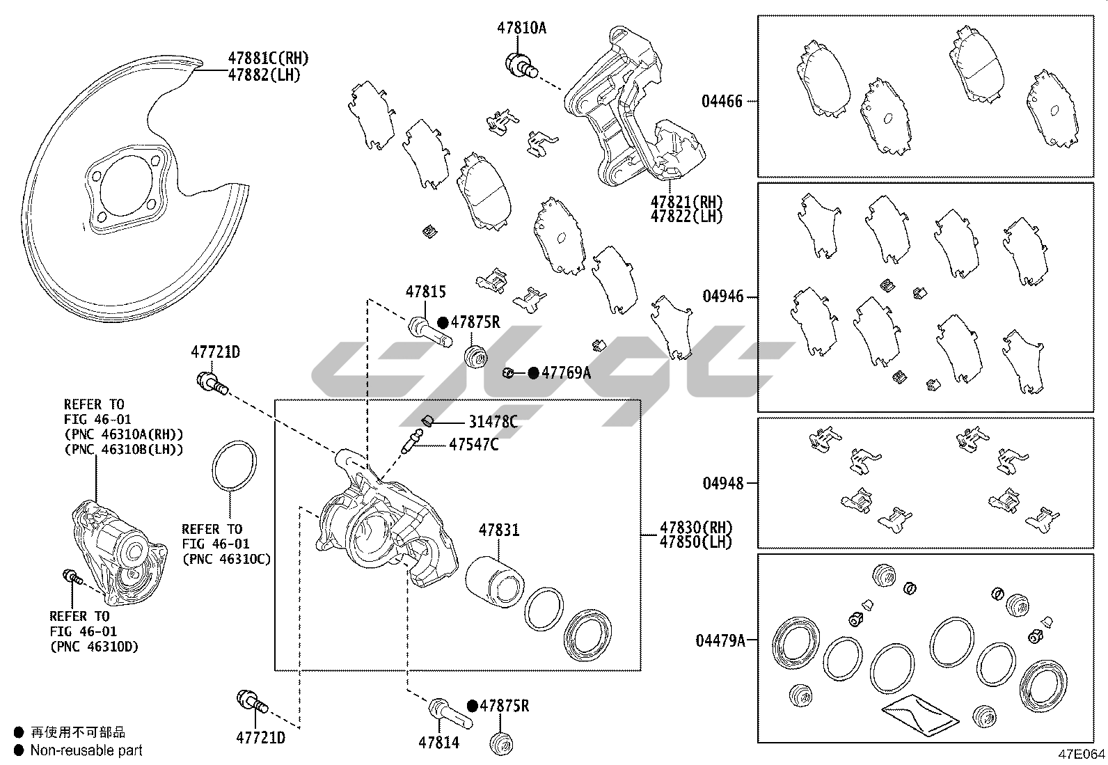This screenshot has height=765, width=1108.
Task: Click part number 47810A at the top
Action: [521, 29]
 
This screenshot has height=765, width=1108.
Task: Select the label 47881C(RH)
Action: [268, 58]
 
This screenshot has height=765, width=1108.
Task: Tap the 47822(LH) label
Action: [686, 216]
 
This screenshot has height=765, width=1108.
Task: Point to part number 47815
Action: [425, 292]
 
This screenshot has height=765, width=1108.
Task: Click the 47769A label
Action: [566, 373]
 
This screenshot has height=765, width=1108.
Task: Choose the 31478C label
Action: [493, 422]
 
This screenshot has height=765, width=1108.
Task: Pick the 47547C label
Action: [473, 444]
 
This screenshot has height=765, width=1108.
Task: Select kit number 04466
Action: [722, 101]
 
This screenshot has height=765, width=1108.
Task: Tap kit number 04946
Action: [723, 297]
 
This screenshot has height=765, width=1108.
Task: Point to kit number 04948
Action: [723, 483]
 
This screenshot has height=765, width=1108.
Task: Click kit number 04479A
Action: [720, 640]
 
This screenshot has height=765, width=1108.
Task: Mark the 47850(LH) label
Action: [696, 542]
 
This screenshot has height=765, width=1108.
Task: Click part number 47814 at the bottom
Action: [438, 743]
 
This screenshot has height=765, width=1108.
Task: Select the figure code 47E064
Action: [1082, 755]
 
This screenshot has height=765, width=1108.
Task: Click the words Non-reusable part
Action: [86, 750]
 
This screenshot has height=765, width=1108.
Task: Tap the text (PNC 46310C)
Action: [226, 559]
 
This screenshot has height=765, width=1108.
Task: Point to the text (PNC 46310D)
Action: [94, 647]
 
